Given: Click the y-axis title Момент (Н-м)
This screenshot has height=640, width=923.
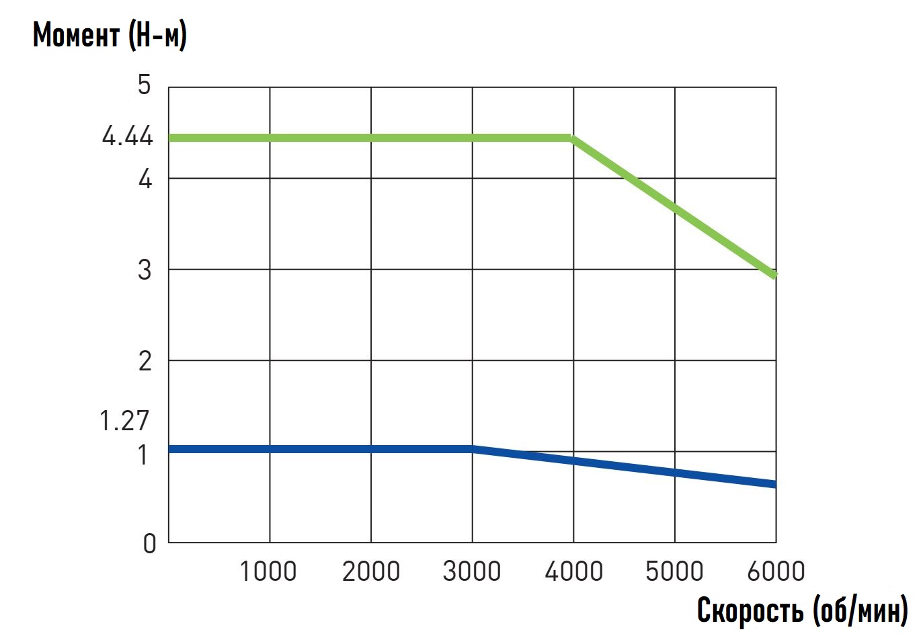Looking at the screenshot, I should (x=110, y=35).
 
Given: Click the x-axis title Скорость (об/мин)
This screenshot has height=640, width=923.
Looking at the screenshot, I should (x=802, y=610).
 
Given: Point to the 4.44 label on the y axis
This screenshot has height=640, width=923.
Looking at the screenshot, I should (x=128, y=137).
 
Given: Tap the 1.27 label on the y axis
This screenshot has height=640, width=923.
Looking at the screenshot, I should (x=124, y=421).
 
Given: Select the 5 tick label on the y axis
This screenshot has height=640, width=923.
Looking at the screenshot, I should (x=145, y=85).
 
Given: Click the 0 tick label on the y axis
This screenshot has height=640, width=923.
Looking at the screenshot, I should (x=149, y=543).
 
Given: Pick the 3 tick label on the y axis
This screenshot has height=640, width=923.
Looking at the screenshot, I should (x=145, y=270).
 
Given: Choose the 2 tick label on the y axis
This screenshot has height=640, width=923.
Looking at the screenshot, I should (x=145, y=361).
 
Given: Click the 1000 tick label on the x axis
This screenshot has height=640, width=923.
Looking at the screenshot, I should (x=268, y=571).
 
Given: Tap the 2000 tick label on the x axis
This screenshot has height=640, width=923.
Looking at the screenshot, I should (x=370, y=571).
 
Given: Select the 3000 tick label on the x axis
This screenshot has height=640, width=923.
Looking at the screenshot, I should (x=472, y=571).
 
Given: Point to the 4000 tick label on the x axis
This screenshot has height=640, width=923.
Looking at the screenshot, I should (x=573, y=571).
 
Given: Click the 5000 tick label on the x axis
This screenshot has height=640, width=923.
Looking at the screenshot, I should (x=674, y=571).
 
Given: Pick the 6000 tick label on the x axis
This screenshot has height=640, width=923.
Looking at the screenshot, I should (x=776, y=571).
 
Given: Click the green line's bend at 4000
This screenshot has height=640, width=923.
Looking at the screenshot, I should (x=573, y=138).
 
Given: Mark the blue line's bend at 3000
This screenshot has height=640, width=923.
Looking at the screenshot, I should (x=473, y=448).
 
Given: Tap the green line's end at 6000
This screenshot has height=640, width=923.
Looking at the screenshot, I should (x=775, y=274).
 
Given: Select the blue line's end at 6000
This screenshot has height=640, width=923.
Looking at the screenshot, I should (x=775, y=484).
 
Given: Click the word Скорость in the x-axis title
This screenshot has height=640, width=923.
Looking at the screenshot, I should (x=750, y=610).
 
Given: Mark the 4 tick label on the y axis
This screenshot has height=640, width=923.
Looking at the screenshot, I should (x=145, y=179).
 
